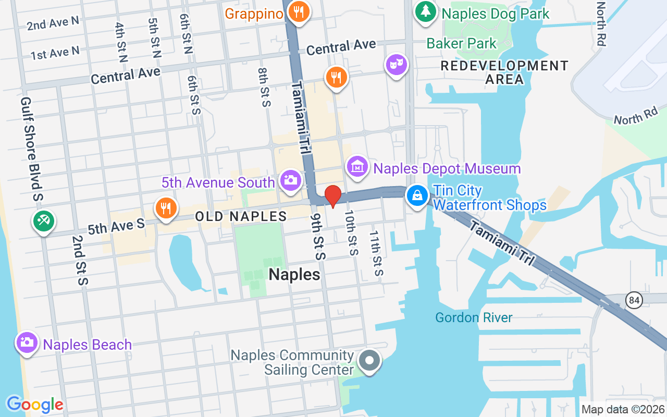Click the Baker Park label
coord(462,43)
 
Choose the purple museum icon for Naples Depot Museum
coord(357,167)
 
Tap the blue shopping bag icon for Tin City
coord(417,196)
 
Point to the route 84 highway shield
coord(634,300)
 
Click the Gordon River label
coord(474,317)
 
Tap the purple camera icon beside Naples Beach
coord(27,342)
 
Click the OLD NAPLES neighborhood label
coord(241,216)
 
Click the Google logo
coord(35,404)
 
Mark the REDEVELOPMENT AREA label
coord(504,72)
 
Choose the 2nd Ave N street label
coord(53,23)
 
